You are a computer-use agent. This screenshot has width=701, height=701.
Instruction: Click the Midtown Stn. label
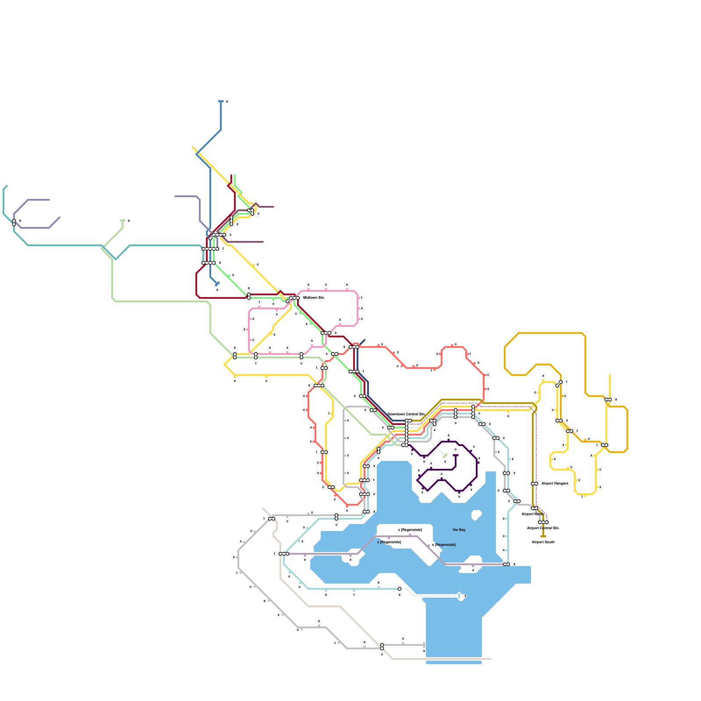(x=314, y=298)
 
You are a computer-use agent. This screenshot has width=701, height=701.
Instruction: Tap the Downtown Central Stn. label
(x=406, y=414)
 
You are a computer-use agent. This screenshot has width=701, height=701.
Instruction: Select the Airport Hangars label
(x=554, y=484)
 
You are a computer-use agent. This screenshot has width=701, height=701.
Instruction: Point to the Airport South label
(x=543, y=542)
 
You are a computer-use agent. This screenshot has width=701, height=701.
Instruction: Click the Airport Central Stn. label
(x=543, y=528)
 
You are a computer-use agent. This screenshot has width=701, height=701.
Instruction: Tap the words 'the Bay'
(x=459, y=530)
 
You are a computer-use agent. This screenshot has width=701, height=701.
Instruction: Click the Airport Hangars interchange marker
(x=534, y=484)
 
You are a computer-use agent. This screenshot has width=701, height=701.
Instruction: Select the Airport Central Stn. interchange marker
(x=543, y=522)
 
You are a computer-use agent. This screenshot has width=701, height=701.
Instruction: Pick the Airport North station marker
(x=534, y=508)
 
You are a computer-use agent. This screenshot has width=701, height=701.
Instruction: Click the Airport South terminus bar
(x=543, y=536)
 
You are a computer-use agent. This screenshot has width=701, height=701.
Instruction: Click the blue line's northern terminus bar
(x=221, y=101)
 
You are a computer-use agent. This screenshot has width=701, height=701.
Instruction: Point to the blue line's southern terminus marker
(x=217, y=284)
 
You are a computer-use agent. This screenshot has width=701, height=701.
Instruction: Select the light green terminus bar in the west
(x=123, y=220)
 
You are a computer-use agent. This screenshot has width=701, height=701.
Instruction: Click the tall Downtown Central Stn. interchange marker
(x=407, y=433)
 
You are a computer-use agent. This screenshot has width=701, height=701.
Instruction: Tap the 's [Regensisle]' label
(x=410, y=530)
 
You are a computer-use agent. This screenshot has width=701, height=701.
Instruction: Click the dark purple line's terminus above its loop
(x=456, y=456)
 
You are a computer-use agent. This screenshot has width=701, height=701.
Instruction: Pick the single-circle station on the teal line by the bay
(x=400, y=589)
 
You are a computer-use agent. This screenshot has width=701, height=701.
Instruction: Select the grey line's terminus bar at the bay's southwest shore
(x=424, y=645)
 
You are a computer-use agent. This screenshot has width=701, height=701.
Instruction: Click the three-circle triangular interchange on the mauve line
(x=251, y=212)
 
